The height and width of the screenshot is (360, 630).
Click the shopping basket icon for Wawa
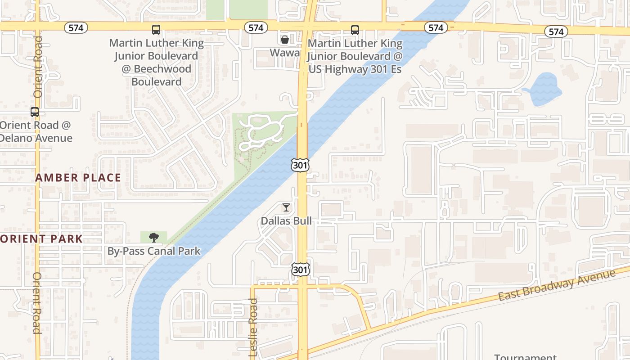(284, 40)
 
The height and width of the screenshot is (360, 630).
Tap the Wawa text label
(284, 53)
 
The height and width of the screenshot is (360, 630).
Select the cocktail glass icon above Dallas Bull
(286, 207)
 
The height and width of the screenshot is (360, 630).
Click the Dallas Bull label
(286, 221)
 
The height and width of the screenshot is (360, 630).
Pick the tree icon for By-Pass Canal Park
(154, 237)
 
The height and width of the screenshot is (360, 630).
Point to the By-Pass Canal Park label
(154, 251)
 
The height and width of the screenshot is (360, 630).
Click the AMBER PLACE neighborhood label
(78, 178)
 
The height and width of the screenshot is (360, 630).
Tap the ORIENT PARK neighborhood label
(41, 238)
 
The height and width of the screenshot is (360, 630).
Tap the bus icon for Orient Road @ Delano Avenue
(35, 112)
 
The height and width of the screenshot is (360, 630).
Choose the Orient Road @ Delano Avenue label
(36, 131)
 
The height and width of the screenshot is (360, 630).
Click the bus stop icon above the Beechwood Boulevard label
(156, 30)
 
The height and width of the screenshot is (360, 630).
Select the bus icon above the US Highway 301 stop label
(355, 30)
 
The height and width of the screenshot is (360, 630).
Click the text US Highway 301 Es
(355, 69)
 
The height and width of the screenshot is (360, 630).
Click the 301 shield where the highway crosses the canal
(300, 165)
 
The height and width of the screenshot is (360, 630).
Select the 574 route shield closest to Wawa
(256, 28)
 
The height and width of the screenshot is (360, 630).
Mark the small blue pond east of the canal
(544, 89)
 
